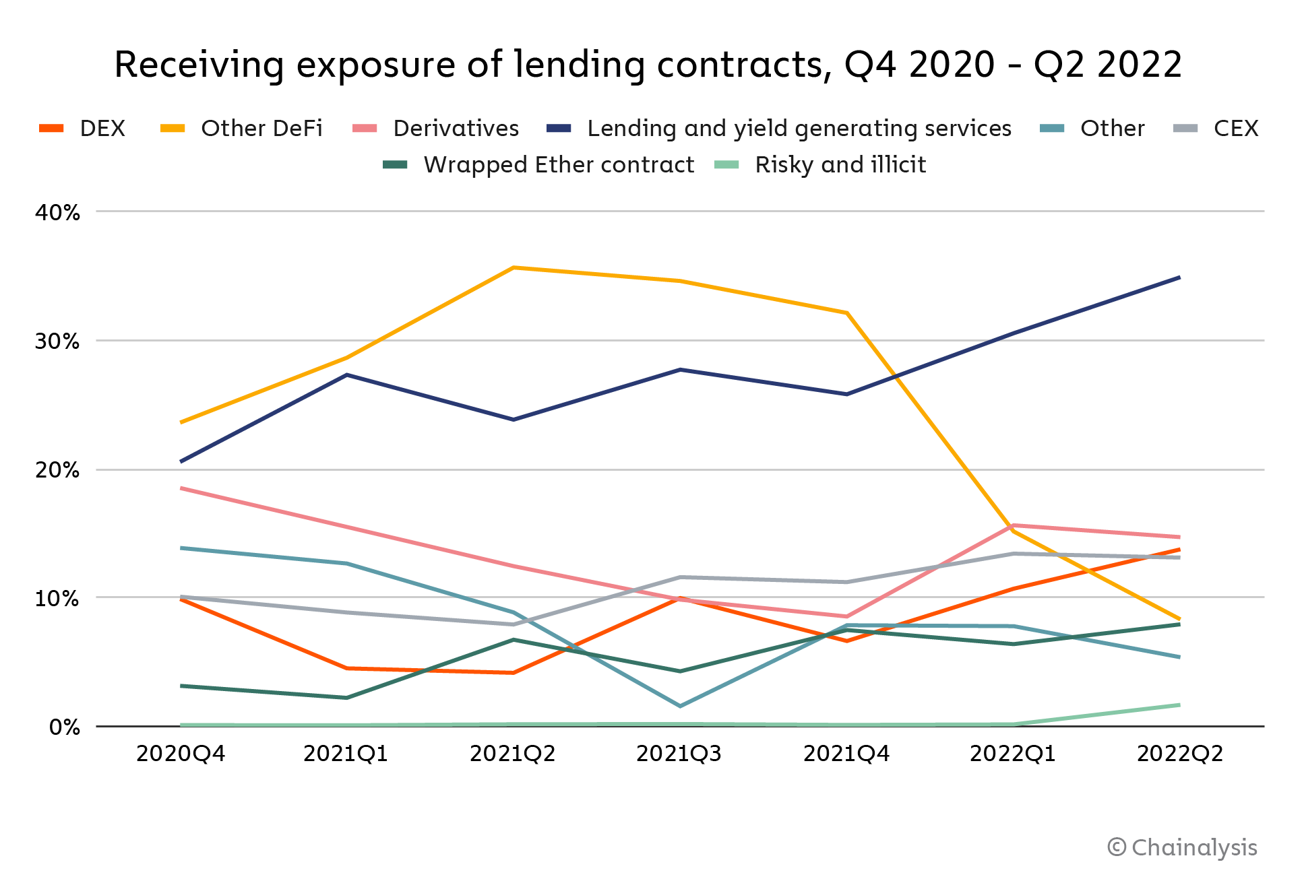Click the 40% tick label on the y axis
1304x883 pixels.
58,213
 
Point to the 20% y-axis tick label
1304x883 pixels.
58,470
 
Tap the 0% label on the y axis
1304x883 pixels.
65,727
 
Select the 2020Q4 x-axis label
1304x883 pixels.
181,754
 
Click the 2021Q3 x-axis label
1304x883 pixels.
679,754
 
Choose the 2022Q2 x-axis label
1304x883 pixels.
1179,754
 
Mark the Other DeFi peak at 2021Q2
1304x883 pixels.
514,268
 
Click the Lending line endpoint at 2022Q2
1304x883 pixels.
1179,277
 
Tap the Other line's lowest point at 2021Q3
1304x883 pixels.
680,706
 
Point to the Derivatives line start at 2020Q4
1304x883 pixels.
181,488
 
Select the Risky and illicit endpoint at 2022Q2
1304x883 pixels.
1179,705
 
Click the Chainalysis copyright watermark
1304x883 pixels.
1182,848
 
